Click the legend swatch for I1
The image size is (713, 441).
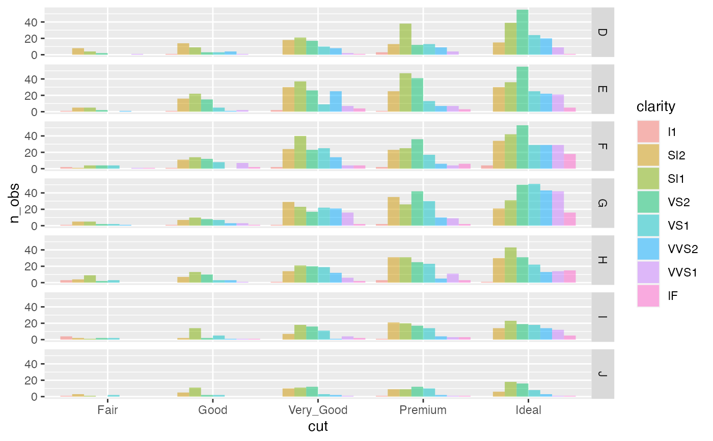(648, 131)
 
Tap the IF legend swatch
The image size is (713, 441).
(648, 296)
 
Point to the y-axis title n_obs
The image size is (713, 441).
(16, 202)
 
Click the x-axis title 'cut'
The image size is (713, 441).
(318, 426)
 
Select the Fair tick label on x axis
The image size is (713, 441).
(107, 410)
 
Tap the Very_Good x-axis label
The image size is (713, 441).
(318, 410)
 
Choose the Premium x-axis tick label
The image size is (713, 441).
(423, 410)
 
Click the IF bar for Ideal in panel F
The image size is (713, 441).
(569, 161)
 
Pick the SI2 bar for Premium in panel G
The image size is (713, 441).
(394, 211)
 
